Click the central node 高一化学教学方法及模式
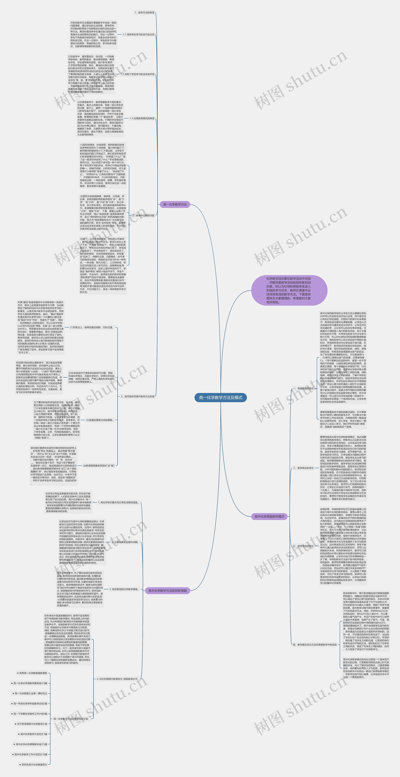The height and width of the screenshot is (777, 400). pyautogui.click(x=220, y=397)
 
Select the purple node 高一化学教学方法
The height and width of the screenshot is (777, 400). pyautogui.click(x=175, y=204)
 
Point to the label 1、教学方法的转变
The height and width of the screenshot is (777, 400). pyautogui.click(x=145, y=13)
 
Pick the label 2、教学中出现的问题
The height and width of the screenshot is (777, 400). pyautogui.click(x=143, y=215)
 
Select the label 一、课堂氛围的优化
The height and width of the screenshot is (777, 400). pyautogui.click(x=303, y=389)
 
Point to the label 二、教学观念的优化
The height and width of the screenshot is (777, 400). pyautogui.click(x=303, y=468)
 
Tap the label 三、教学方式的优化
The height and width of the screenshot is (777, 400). pyautogui.click(x=303, y=546)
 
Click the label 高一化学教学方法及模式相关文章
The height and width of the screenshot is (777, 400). pyautogui.click(x=71, y=719)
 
